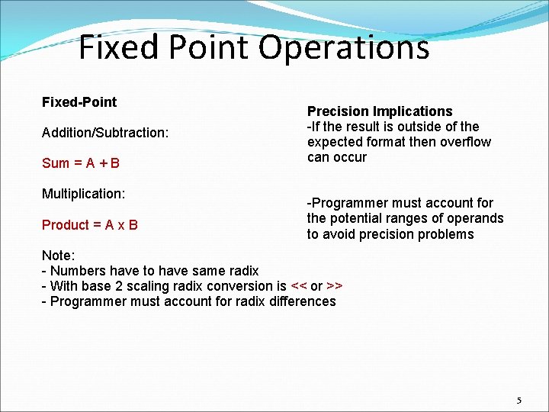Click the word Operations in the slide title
click(344, 48)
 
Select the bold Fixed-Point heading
click(79, 102)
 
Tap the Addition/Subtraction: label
click(105, 133)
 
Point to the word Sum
click(56, 163)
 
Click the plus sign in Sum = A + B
click(104, 163)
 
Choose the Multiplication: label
click(83, 194)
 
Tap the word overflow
click(466, 142)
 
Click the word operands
click(477, 218)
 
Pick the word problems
click(445, 234)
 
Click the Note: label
click(58, 256)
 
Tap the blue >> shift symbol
click(334, 286)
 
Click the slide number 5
click(519, 401)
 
